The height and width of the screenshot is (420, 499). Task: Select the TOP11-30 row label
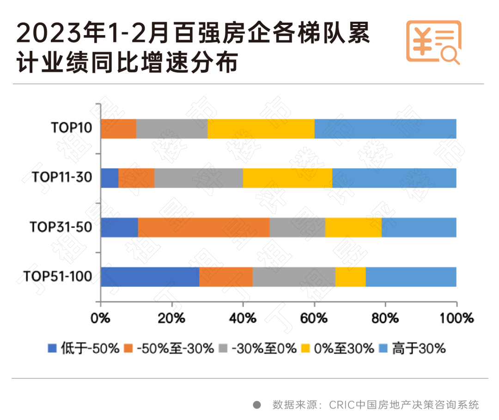coord(62,178)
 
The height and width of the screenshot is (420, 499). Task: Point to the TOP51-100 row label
coord(58,277)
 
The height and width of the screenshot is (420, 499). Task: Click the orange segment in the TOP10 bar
coord(118,129)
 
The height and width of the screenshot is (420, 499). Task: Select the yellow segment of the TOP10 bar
coord(261,129)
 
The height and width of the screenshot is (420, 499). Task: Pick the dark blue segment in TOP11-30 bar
coord(110,178)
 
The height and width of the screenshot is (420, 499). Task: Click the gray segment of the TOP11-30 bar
coord(198,178)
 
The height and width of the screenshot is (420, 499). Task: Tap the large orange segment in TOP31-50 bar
coord(203,228)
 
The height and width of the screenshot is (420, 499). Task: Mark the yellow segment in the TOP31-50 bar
coord(353,228)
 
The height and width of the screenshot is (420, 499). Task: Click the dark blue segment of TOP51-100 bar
coord(150,277)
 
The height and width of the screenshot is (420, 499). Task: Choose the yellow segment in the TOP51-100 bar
coord(350,277)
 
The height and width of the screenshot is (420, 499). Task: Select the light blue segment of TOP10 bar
coord(385,129)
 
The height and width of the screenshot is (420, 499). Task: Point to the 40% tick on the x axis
coord(243,318)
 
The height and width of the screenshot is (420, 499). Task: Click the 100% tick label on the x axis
coord(456,318)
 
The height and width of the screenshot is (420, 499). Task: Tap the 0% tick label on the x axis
coord(101,318)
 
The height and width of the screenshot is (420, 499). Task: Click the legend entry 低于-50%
coord(84,348)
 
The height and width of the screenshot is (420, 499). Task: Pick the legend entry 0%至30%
coord(337,348)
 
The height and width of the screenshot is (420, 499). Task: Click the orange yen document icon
coord(433,42)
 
